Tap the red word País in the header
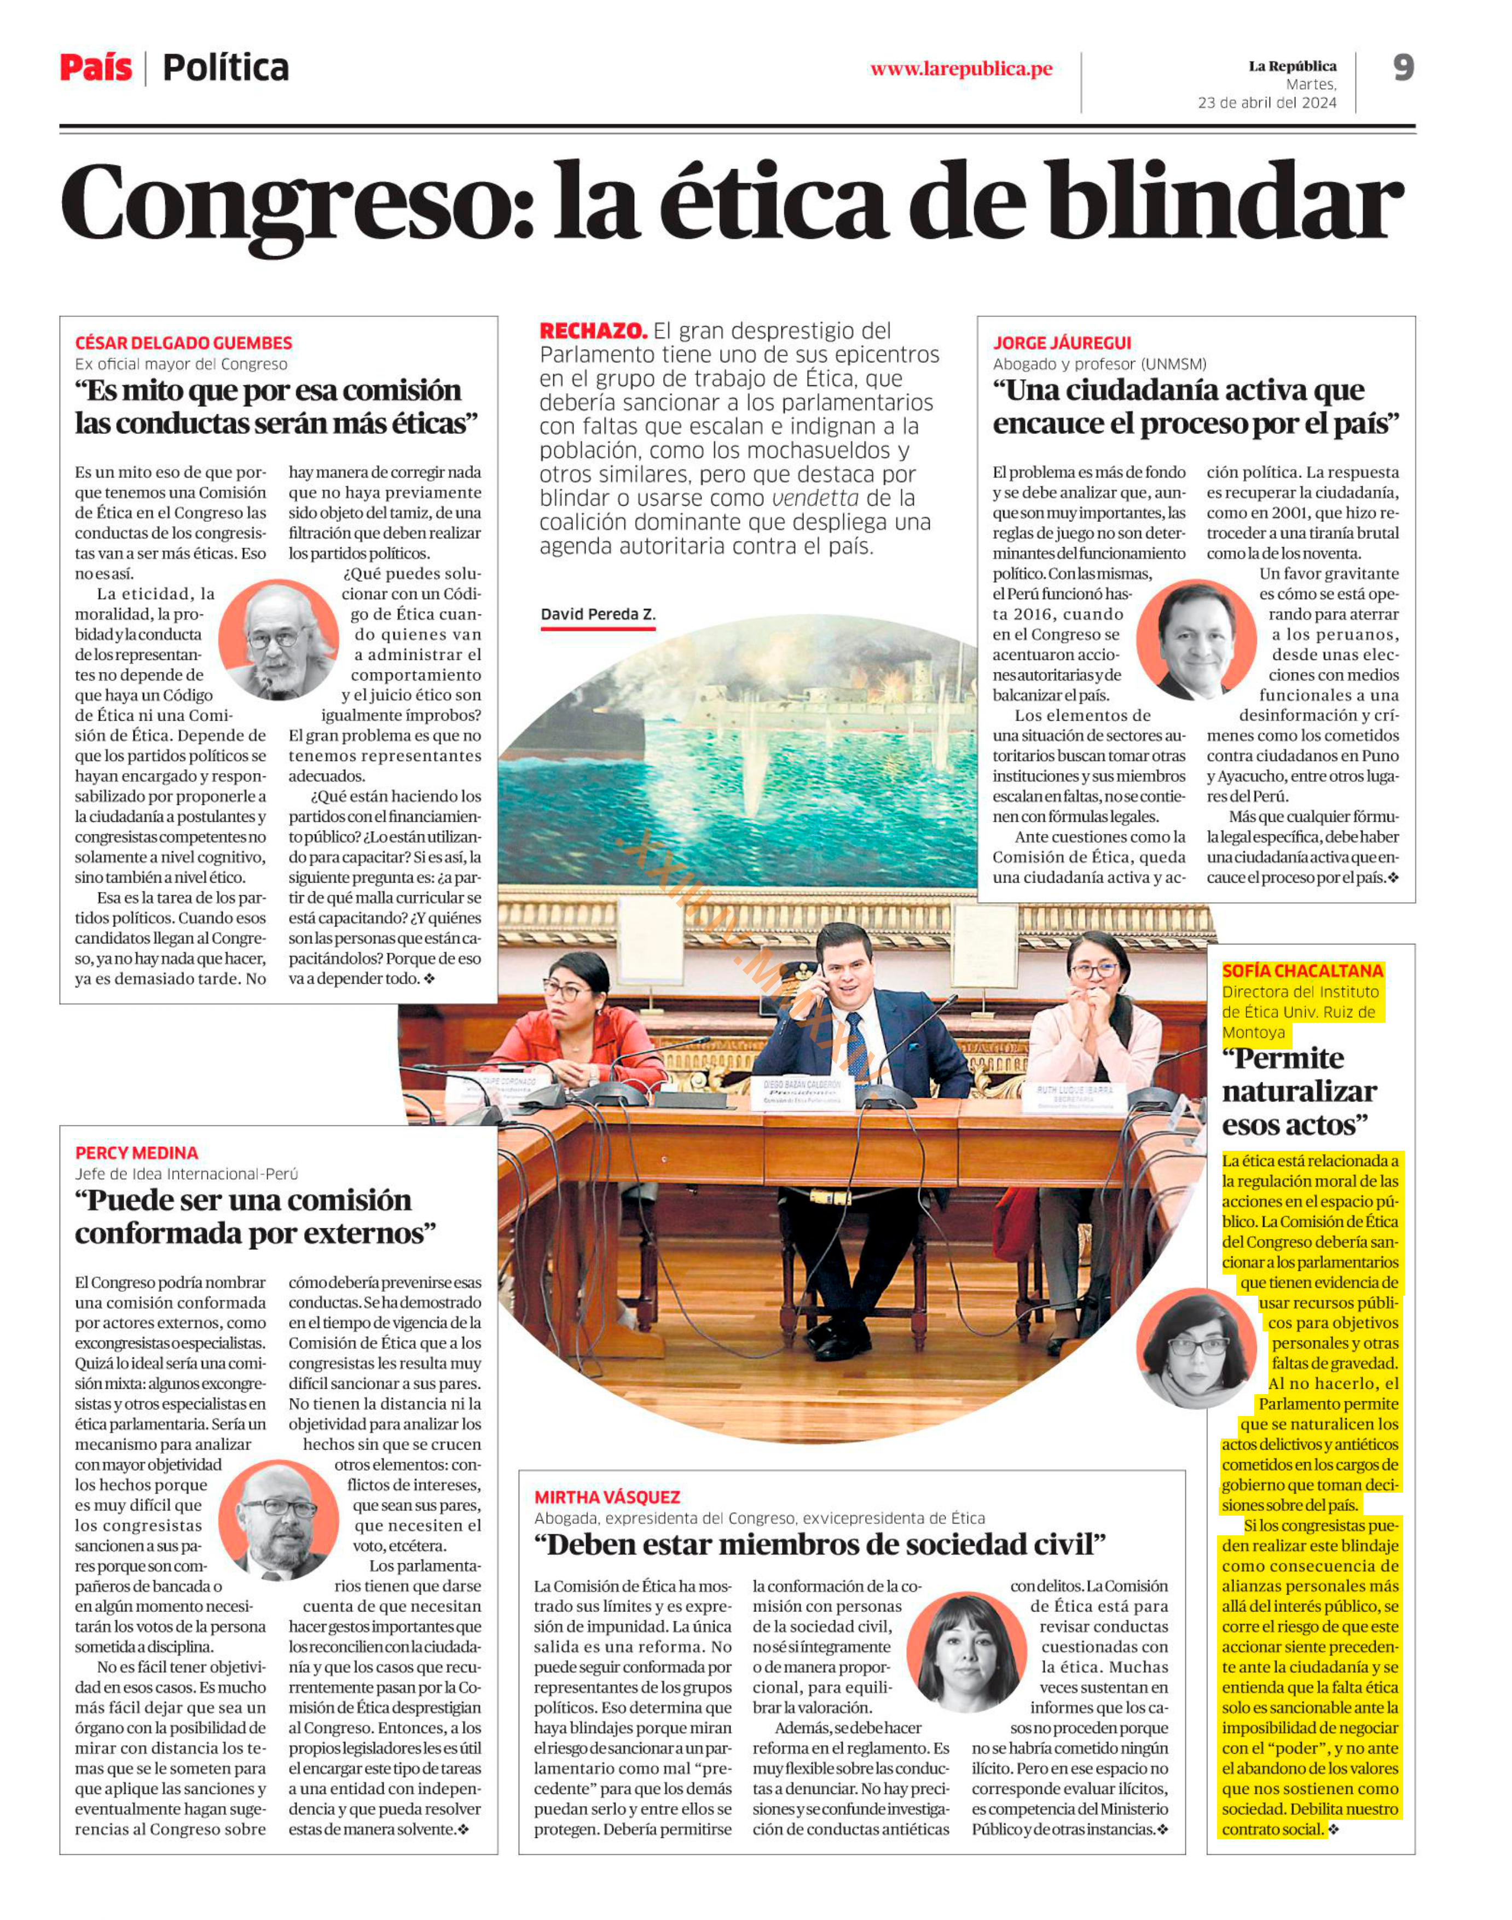pos(96,68)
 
